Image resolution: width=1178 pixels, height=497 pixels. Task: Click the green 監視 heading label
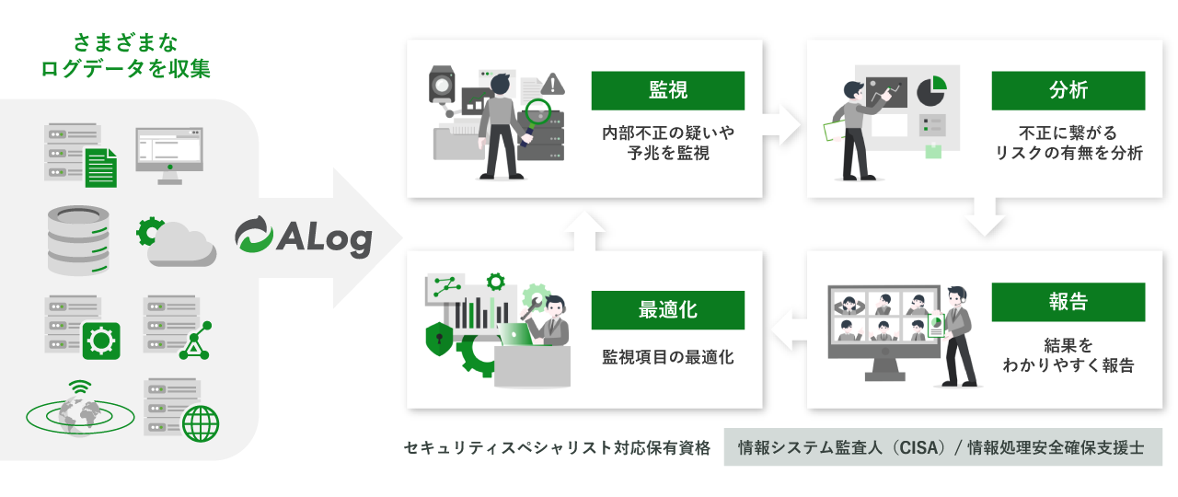pyautogui.click(x=667, y=90)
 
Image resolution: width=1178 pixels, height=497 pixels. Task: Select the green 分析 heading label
pyautogui.click(x=1068, y=90)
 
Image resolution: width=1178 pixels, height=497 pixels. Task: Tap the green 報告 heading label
pyautogui.click(x=1068, y=302)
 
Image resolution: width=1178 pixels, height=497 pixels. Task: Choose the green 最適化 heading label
pyautogui.click(x=667, y=310)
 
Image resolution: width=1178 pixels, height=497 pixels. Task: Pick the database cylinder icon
pyautogui.click(x=77, y=241)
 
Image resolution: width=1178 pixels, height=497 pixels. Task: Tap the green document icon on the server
pyautogui.click(x=101, y=167)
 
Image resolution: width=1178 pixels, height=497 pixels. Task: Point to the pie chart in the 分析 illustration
pyautogui.click(x=931, y=90)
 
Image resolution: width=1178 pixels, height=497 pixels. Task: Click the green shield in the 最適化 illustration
pyautogui.click(x=438, y=338)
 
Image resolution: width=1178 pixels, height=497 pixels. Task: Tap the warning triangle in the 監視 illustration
pyautogui.click(x=553, y=84)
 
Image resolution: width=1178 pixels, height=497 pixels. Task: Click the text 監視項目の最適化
pyautogui.click(x=667, y=357)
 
